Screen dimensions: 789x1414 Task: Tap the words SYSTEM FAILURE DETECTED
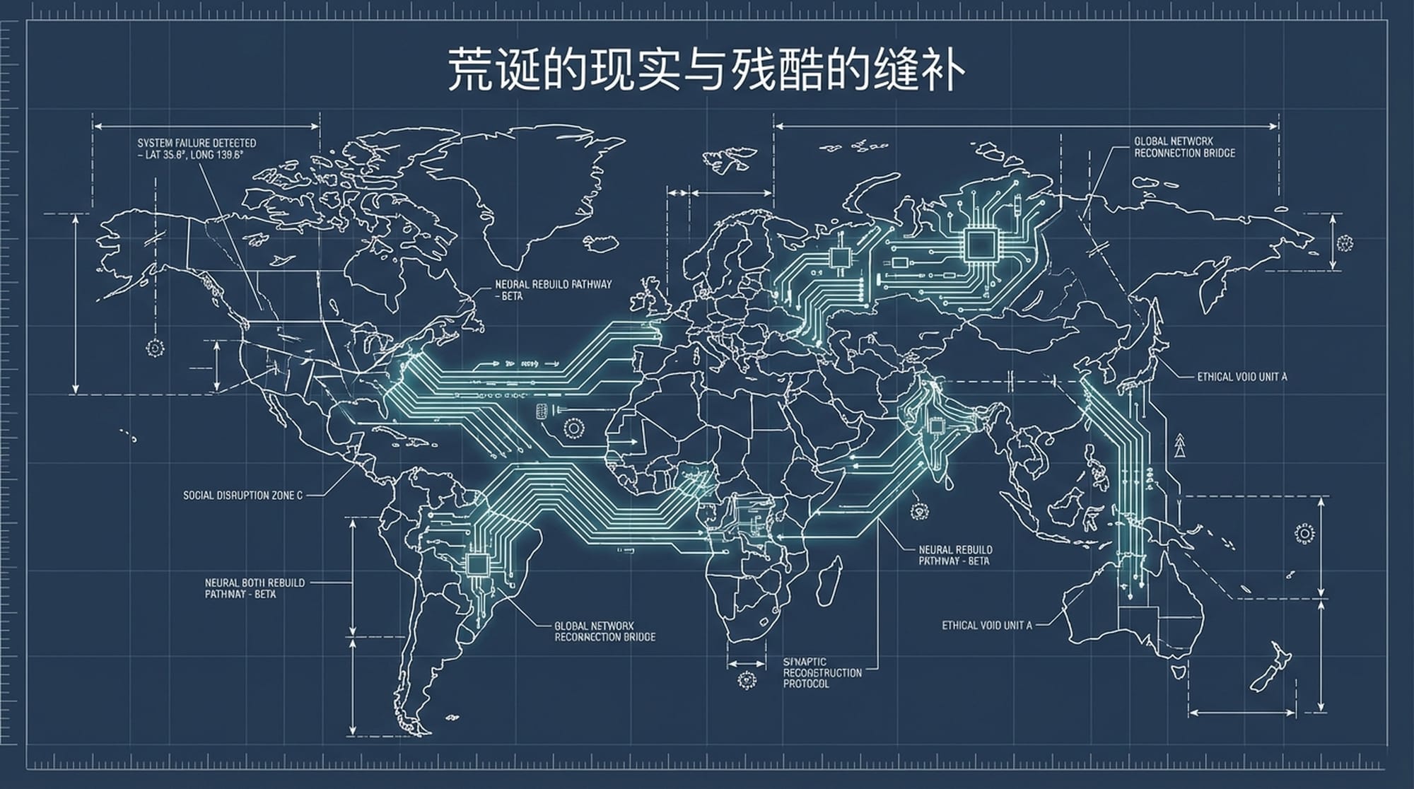coord(197,143)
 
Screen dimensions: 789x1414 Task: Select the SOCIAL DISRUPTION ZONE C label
coord(243,496)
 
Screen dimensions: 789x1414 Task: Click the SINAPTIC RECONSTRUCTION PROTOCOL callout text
coord(822,672)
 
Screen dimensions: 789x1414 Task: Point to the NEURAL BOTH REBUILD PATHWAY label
coord(255,588)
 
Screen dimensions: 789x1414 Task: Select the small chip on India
coord(935,426)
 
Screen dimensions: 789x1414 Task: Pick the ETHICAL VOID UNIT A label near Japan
coord(1241,377)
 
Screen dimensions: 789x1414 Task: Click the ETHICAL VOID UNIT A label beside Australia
coord(986,625)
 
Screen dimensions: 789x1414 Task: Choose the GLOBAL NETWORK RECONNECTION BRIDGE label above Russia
coord(1184,147)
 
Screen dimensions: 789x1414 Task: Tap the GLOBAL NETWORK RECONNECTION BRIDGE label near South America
coord(604,631)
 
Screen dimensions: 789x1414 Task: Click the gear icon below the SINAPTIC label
coord(747,681)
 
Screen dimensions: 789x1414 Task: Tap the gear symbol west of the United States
coord(156,348)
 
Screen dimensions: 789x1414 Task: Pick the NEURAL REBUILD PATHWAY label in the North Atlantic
coord(553,290)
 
